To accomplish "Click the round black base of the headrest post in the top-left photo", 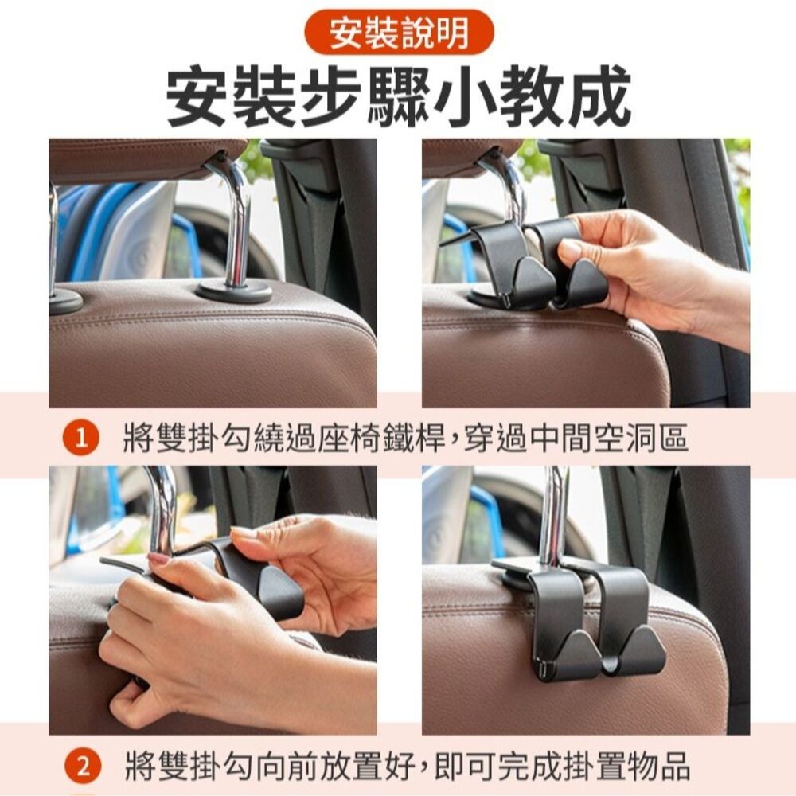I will point(234,291).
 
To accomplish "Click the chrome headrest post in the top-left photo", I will point(238,223).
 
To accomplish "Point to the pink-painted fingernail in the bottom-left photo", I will point(158,559).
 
